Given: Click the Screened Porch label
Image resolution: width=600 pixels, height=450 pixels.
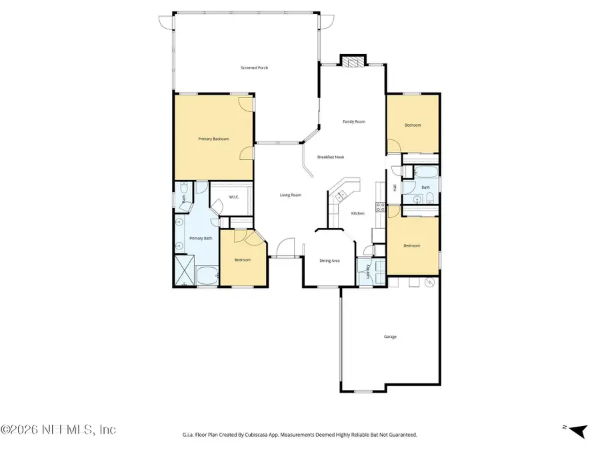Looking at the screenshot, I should tap(255, 68).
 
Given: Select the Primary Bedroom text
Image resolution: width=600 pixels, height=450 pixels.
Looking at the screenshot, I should tap(213, 139).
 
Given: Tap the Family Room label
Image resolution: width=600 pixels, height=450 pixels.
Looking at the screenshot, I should tap(354, 121).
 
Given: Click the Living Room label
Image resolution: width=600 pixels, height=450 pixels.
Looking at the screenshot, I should tap(290, 195).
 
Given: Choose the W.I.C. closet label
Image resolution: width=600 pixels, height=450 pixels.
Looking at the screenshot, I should tap(234, 197).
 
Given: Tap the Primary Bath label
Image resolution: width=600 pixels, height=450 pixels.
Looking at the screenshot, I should tap(201, 238).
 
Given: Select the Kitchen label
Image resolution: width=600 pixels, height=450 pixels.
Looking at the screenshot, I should tap(358, 213).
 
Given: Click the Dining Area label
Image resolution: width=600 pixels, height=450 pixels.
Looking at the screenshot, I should tap(329, 261).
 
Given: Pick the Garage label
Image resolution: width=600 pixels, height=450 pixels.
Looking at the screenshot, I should tap(390, 337).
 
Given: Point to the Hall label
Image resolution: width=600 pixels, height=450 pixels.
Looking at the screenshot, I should tap(395, 188).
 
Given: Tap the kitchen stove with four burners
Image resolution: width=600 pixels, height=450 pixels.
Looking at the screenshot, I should tap(381, 207).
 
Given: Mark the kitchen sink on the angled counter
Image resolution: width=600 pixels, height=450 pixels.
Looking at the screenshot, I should tap(341, 195).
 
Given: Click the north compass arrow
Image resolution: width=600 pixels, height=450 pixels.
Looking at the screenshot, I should tap(577, 431).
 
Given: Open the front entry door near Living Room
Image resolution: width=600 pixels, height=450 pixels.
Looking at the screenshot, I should tap(286, 248).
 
